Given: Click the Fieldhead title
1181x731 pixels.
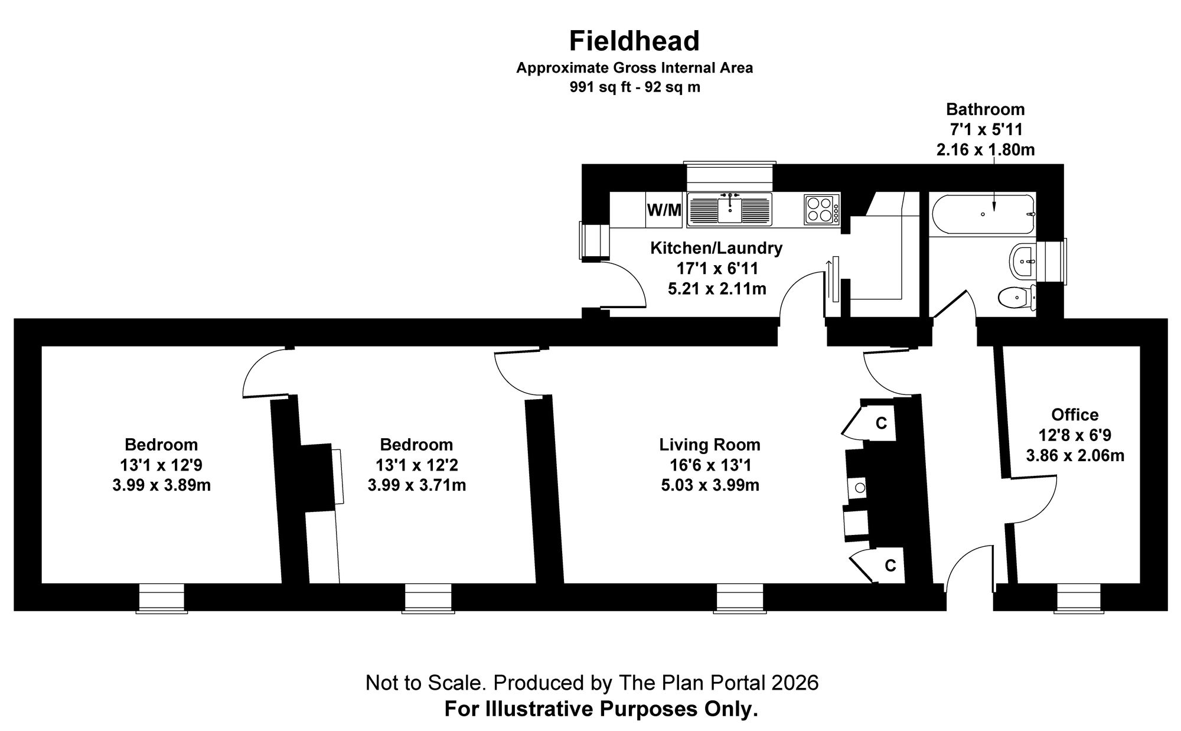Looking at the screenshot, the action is coord(634,41).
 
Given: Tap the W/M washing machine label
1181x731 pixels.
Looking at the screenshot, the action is coord(664,210).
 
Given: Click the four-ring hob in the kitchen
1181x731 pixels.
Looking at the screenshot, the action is coord(820,209).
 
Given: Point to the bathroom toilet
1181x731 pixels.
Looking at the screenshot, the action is coord(1016,298).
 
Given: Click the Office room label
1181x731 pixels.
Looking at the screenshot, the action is coord(1075,415).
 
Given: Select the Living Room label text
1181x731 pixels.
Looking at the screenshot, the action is coord(710,445).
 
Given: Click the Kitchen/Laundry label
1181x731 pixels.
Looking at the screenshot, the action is coord(716,248).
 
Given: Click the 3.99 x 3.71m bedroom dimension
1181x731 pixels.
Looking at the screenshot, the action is coord(417,485).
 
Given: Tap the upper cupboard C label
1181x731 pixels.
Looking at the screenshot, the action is coord(881,423).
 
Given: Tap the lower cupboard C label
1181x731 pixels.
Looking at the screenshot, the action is coord(890,566).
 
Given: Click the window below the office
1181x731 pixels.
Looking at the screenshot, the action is coord(1079,598).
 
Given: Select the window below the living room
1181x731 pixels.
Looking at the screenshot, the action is coord(739,598).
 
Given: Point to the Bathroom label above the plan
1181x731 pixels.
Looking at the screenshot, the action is coord(985,109).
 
